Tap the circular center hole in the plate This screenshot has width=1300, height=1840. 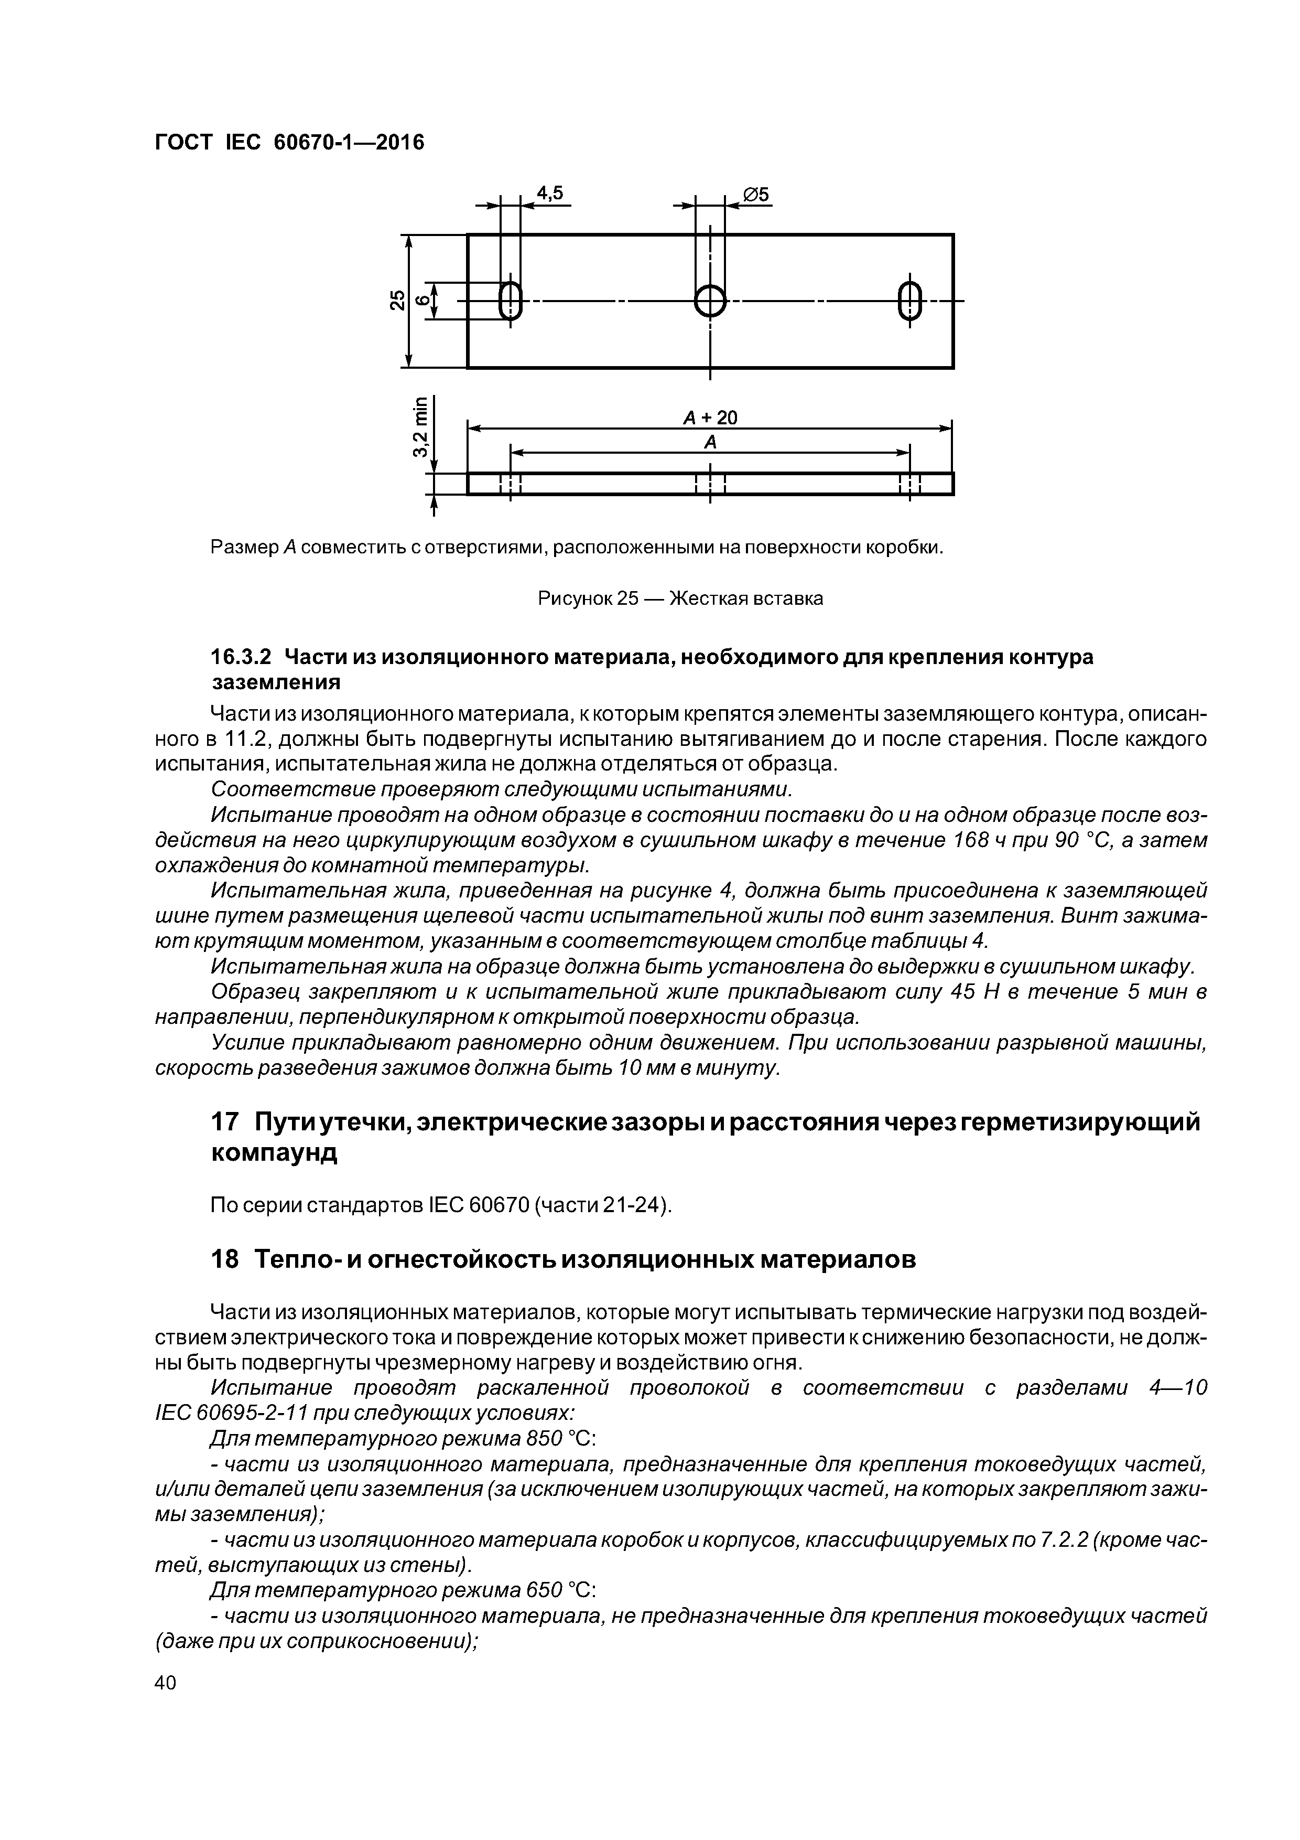710,301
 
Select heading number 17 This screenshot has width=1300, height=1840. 224,1123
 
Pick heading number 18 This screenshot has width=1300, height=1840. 224,1260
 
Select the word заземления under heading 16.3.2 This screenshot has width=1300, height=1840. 276,683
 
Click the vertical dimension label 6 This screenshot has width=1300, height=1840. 421,301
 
